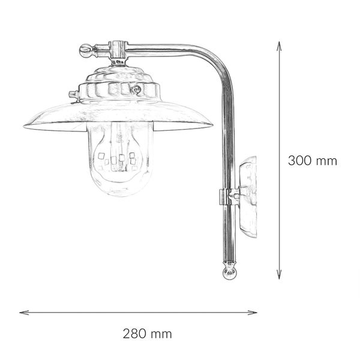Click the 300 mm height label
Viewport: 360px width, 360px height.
[312, 161]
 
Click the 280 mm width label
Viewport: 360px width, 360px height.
[147, 333]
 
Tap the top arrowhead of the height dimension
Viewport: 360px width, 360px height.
[279, 44]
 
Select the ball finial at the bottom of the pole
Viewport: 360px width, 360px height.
[229, 273]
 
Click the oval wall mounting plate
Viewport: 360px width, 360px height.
[248, 197]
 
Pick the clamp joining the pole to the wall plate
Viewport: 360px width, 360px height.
[228, 196]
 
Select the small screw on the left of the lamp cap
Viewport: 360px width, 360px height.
[73, 94]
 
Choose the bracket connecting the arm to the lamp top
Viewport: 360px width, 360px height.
[119, 53]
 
